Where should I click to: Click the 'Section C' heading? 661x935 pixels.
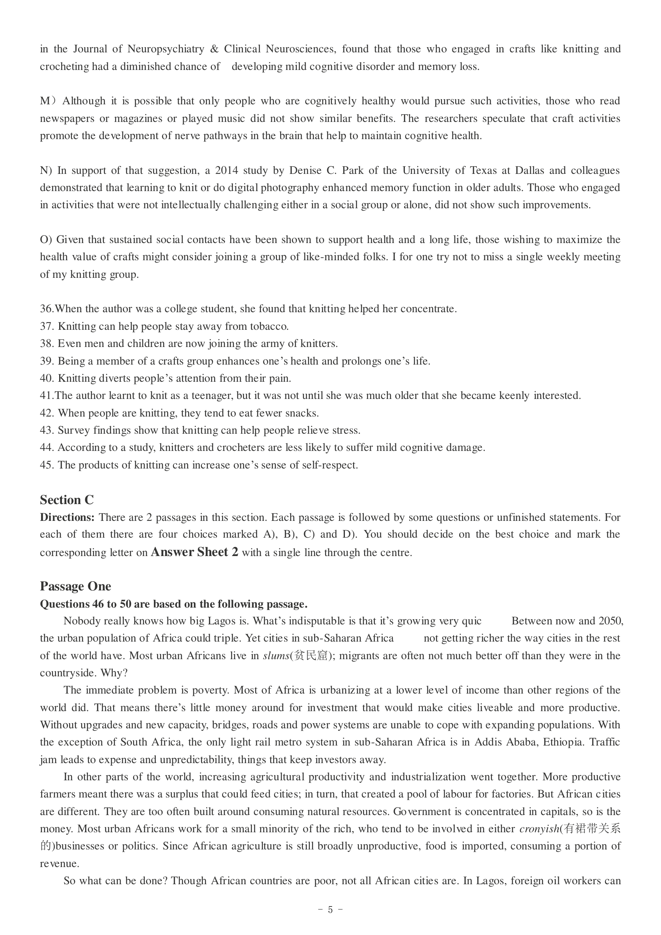[x=67, y=500]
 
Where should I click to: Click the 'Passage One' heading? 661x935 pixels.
[x=75, y=586]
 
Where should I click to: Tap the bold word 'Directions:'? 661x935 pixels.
[x=67, y=517]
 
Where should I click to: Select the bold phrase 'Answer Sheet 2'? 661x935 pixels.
[x=194, y=552]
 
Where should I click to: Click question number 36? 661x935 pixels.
[x=47, y=309]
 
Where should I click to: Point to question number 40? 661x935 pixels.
[x=47, y=378]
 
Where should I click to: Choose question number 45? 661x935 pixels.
[x=47, y=465]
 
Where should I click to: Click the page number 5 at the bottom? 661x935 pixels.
[x=330, y=909]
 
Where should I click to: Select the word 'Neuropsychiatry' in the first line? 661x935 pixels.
[x=166, y=49]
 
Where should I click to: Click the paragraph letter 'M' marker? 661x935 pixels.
[x=45, y=101]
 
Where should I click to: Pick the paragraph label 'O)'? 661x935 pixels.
[x=46, y=239]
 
